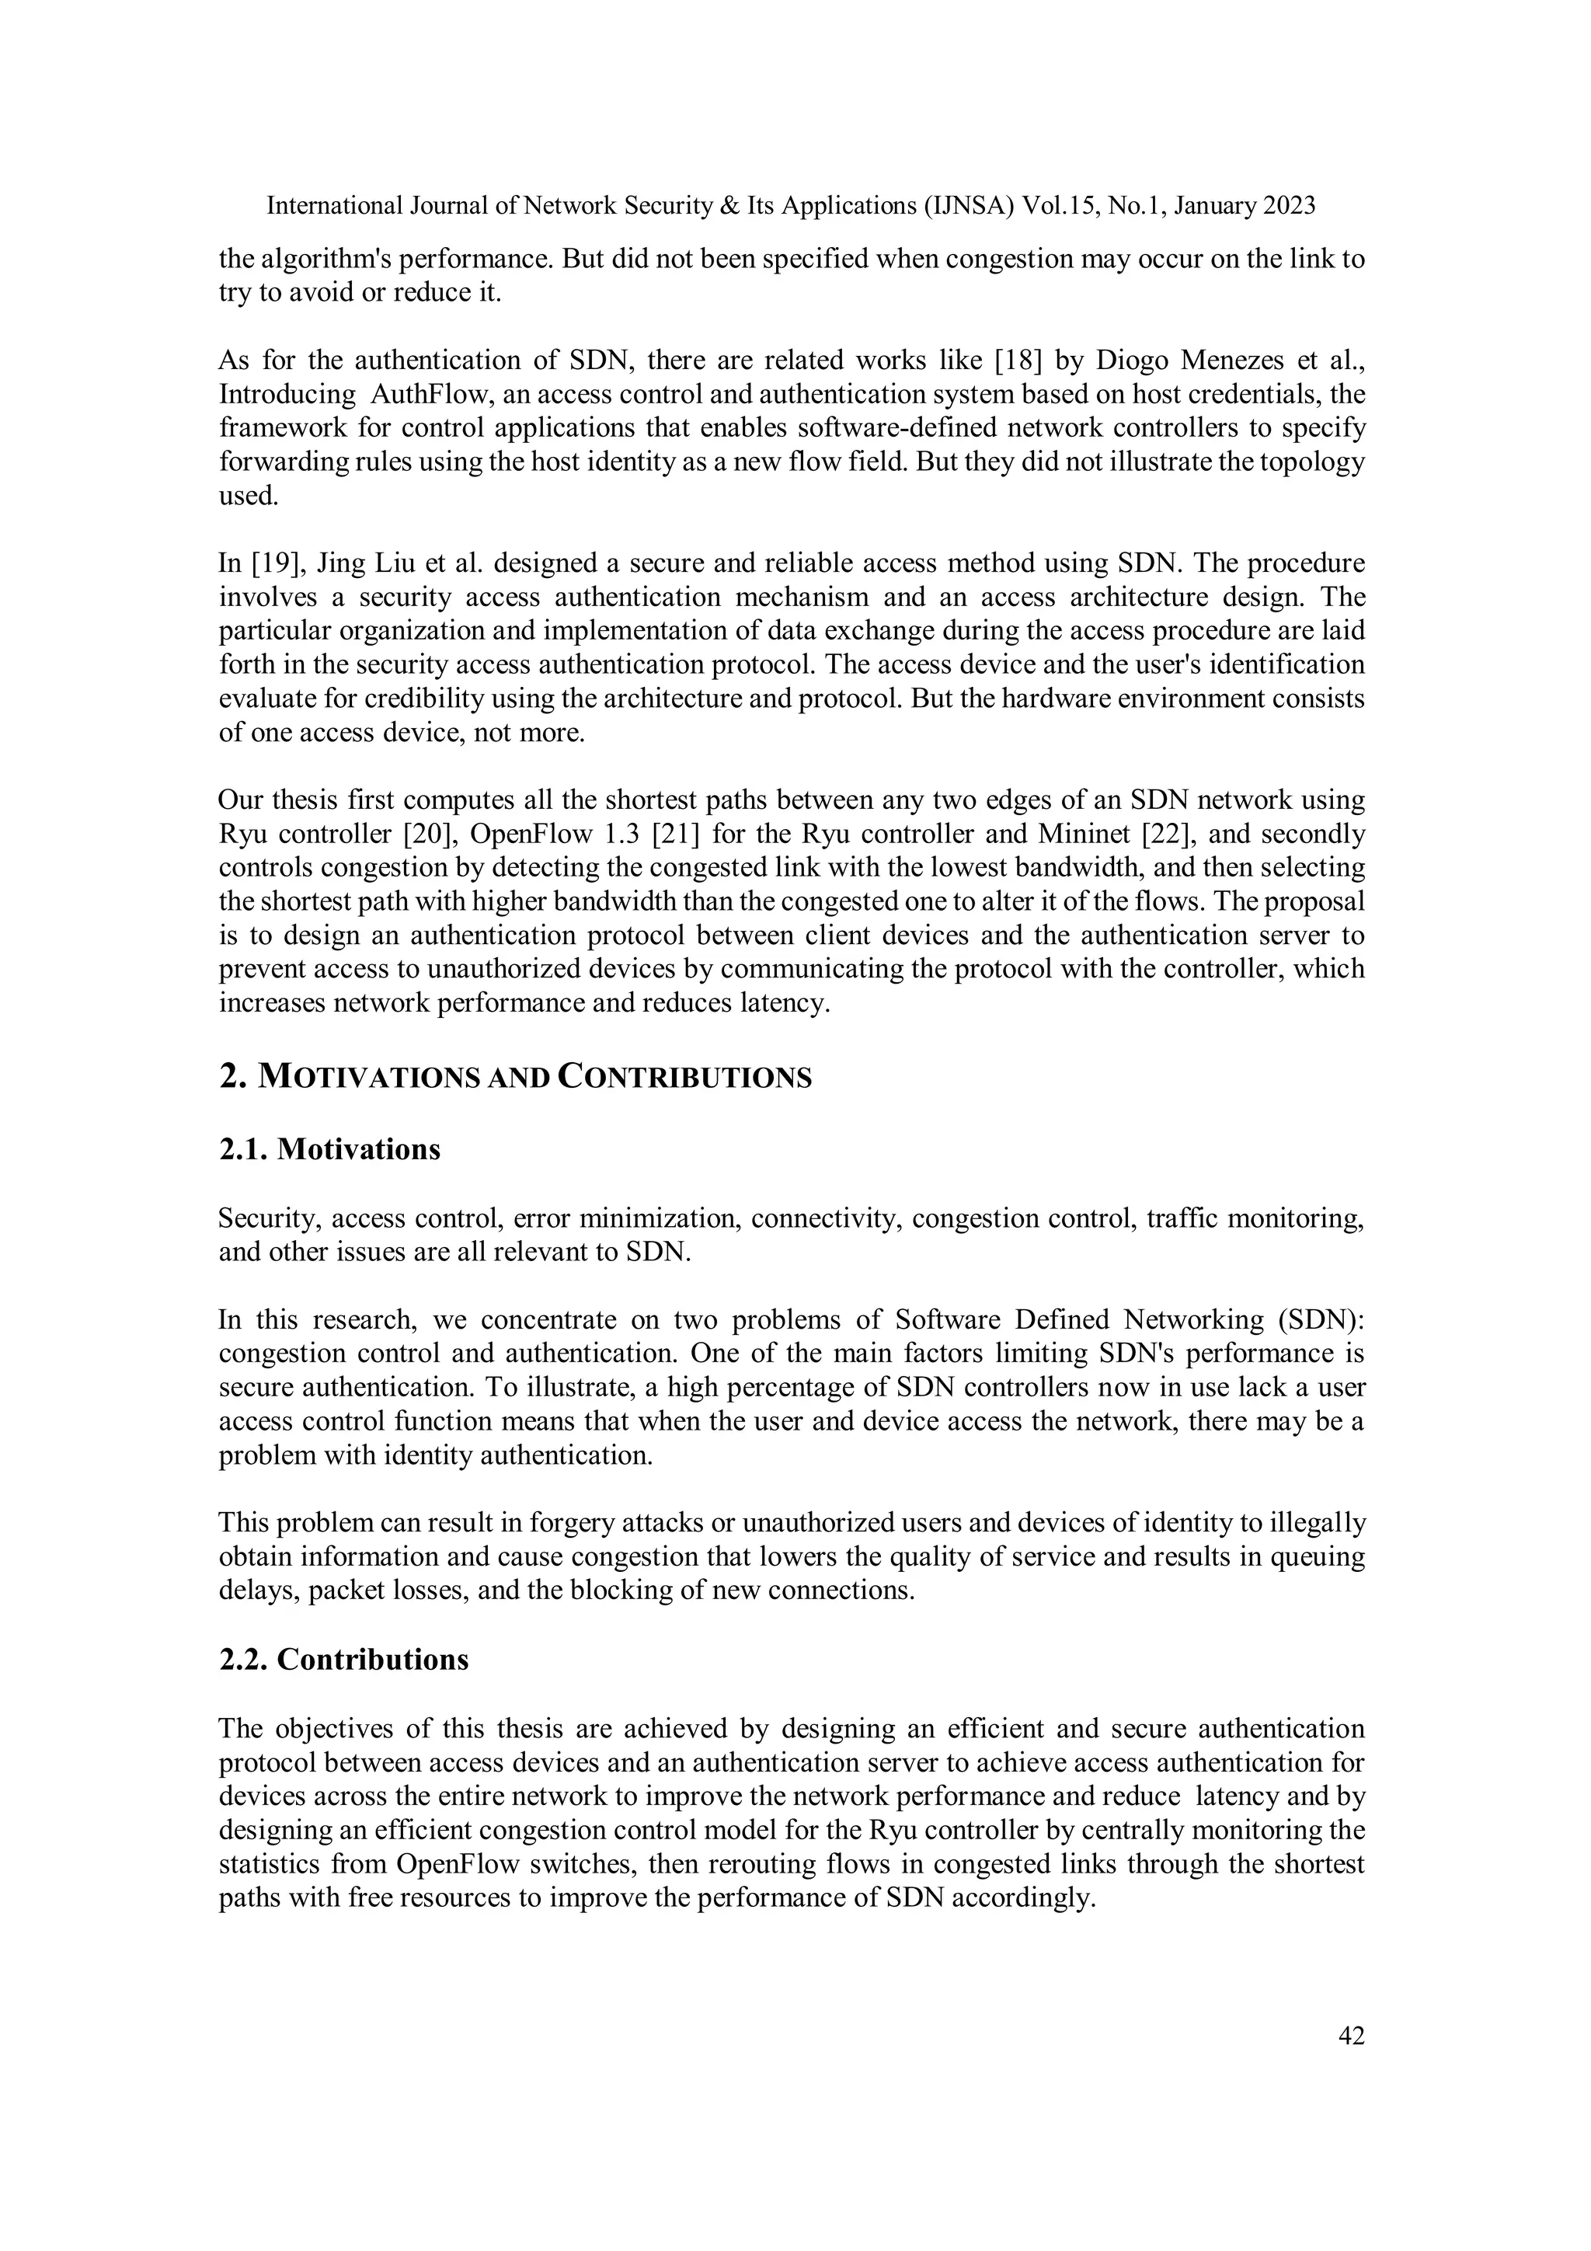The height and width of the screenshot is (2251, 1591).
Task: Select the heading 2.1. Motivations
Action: [329, 1149]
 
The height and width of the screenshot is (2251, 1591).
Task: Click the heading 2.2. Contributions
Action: [343, 1660]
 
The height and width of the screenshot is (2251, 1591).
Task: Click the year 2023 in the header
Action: [1288, 206]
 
